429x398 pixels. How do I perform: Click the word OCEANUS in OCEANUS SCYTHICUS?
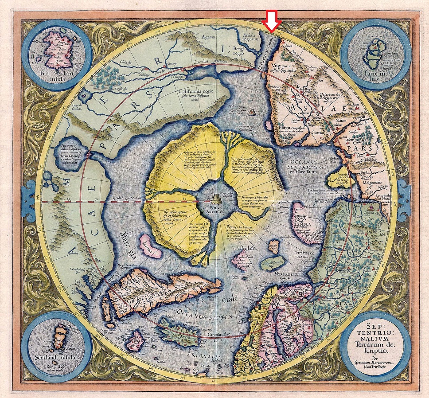[x=300, y=161]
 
